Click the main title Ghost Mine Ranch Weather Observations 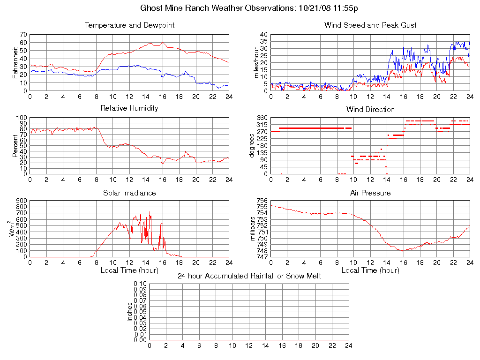pos(249,8)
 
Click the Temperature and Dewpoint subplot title pos(129,25)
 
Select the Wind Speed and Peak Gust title pos(370,25)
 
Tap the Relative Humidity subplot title pos(129,108)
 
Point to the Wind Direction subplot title pos(370,110)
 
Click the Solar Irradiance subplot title pos(129,193)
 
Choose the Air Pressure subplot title pos(370,193)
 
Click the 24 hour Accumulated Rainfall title pos(249,276)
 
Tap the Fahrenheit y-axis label pos(15,62)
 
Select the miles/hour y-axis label pos(256,62)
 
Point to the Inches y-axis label pos(130,312)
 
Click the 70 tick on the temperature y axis pos(23,35)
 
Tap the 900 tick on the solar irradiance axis pos(21,201)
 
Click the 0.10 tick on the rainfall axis pos(140,284)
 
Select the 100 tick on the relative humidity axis pos(21,118)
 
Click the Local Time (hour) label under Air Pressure pos(370,270)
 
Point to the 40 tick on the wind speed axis pos(263,35)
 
